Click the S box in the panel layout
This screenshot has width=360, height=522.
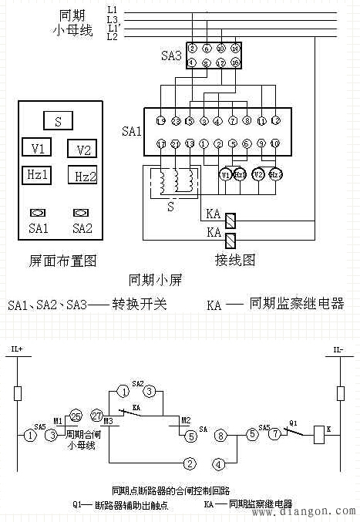click(58, 121)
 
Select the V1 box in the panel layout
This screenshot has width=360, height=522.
click(37, 147)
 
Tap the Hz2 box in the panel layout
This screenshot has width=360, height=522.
click(82, 176)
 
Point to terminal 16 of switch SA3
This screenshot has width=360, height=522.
click(234, 62)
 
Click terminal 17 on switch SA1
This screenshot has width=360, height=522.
click(160, 144)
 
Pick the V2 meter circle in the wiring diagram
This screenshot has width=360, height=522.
click(258, 174)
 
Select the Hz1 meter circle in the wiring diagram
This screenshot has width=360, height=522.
click(240, 174)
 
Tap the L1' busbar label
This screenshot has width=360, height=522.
click(113, 28)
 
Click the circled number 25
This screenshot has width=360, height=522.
click(75, 416)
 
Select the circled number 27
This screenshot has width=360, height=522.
click(98, 416)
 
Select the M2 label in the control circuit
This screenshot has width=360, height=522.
click(186, 420)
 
